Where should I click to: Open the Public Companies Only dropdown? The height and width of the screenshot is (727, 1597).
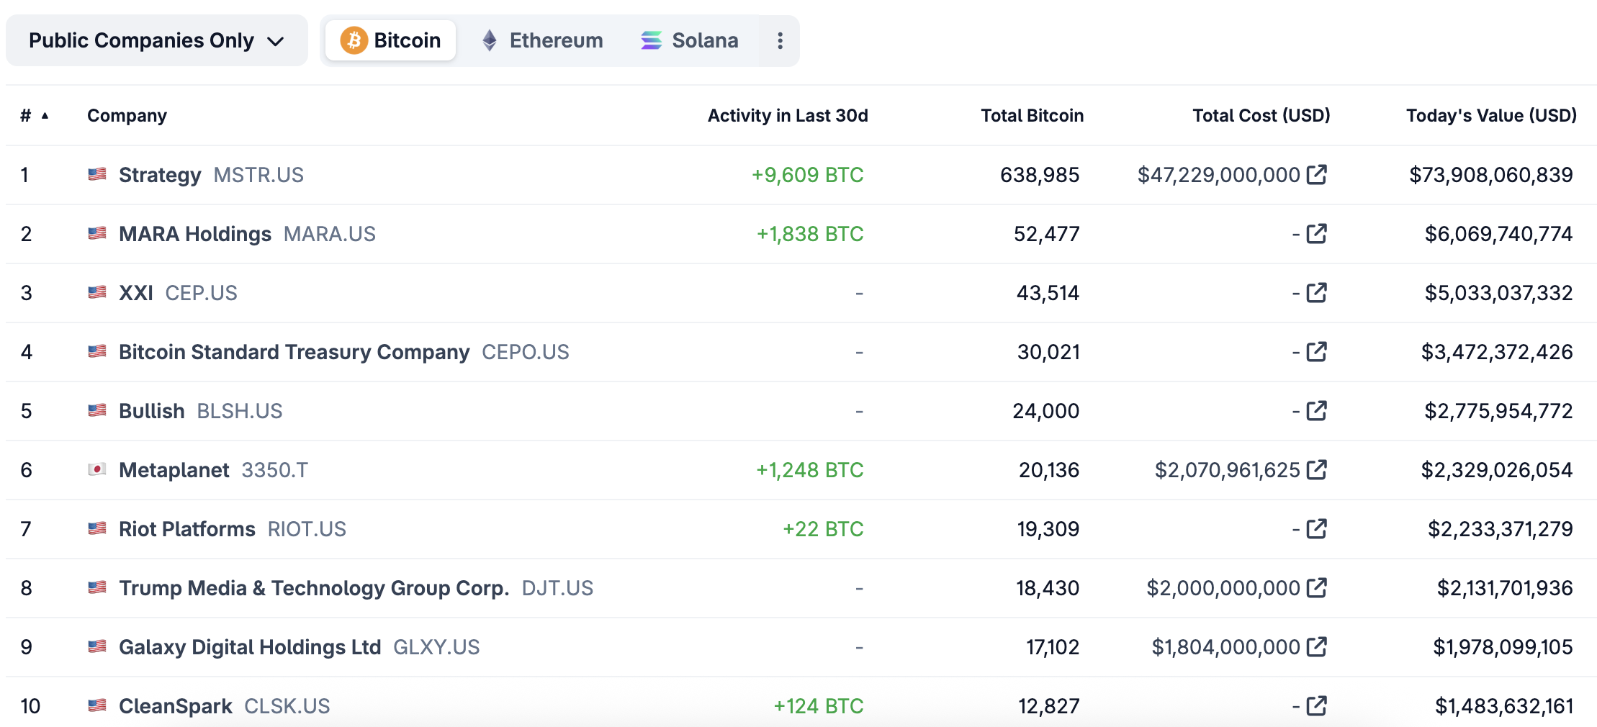(x=156, y=40)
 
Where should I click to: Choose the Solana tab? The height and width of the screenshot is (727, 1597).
(x=689, y=40)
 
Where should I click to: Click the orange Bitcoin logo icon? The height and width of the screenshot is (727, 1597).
(x=354, y=40)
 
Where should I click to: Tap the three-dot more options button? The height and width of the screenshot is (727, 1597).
(x=780, y=40)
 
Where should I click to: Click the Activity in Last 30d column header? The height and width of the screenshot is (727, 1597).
(x=788, y=116)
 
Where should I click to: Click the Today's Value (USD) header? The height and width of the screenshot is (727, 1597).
(x=1491, y=116)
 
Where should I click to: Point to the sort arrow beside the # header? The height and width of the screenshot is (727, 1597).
(x=45, y=116)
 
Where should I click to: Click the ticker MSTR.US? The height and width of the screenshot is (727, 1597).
(x=258, y=175)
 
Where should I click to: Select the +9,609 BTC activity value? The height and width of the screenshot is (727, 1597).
(x=807, y=175)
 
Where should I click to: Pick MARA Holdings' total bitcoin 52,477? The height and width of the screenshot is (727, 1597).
(x=1046, y=234)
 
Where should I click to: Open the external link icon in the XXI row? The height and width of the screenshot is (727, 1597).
(x=1316, y=293)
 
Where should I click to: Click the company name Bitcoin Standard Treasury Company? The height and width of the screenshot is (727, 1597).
(x=294, y=352)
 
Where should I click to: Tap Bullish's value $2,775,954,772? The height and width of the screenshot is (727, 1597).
(x=1498, y=411)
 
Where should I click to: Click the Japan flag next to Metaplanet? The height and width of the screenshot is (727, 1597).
(x=97, y=469)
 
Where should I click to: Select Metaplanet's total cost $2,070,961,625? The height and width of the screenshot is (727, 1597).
(x=1227, y=470)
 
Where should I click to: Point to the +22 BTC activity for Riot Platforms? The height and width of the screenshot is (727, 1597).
(x=823, y=529)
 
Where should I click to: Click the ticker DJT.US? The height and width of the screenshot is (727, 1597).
(x=557, y=588)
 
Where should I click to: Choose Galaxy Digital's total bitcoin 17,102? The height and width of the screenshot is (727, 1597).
(x=1052, y=647)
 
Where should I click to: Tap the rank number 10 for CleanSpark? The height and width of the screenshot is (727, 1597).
(x=30, y=706)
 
